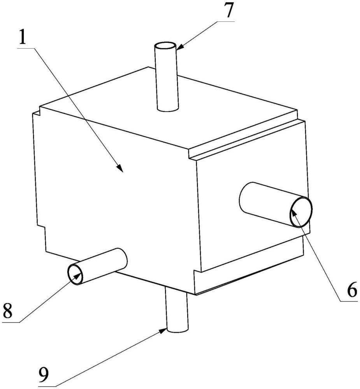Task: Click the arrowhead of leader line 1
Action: pos(122,170)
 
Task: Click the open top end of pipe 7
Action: pos(165,47)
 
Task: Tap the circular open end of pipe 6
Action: pos(301,212)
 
